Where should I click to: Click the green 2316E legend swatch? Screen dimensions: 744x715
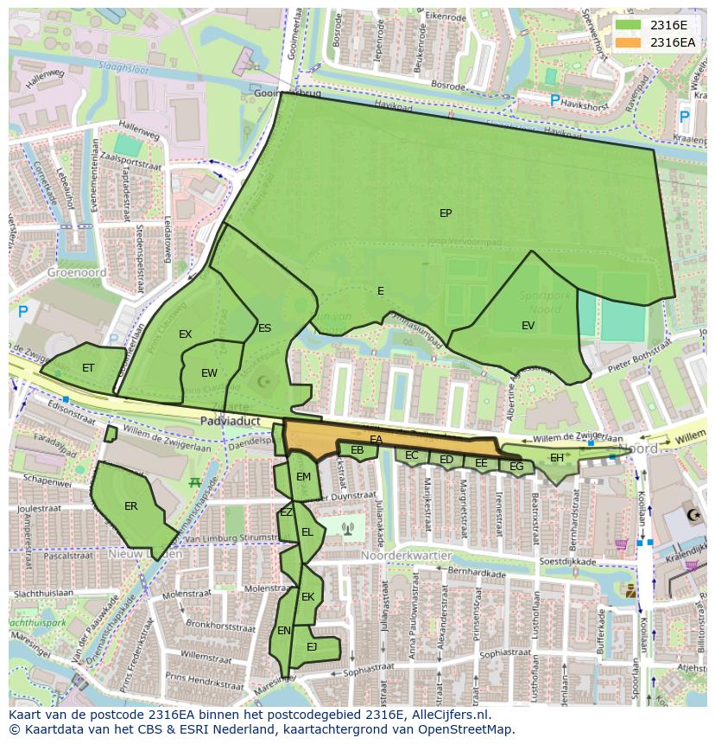629,25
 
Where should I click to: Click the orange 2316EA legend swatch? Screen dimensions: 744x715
629,42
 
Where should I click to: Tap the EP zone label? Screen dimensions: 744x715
446,213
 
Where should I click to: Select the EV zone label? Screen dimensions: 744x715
528,326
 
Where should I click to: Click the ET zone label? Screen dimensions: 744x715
88,368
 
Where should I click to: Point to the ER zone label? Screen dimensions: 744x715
130,506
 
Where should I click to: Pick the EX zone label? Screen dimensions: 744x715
185,334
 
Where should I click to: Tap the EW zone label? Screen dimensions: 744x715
209,373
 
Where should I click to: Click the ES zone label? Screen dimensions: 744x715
264,328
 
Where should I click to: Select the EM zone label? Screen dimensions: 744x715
303,477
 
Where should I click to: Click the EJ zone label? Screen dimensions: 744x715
312,646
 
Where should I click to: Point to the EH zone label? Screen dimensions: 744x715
557,458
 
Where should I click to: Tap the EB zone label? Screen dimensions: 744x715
357,450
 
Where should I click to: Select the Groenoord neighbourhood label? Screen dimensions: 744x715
77,272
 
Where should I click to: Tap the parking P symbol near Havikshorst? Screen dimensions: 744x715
554,101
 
